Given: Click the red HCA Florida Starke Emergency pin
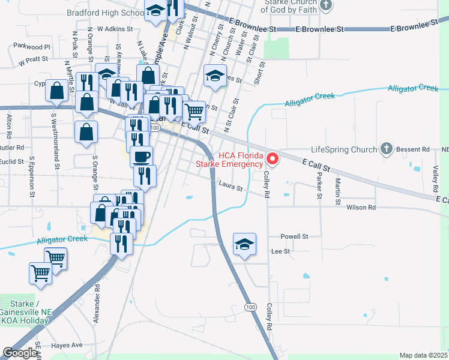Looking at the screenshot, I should (x=272, y=159).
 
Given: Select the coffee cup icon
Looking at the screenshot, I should (x=141, y=157).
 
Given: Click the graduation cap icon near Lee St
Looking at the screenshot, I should (x=244, y=244).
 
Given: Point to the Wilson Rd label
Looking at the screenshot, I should (x=361, y=207).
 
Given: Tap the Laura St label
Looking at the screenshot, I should (x=231, y=188).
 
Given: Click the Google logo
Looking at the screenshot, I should (x=20, y=353).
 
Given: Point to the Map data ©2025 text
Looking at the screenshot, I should (x=424, y=355).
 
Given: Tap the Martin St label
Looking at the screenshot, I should (x=338, y=188).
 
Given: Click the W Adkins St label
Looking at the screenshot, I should (x=114, y=28).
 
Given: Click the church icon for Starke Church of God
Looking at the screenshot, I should (x=326, y=5).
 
